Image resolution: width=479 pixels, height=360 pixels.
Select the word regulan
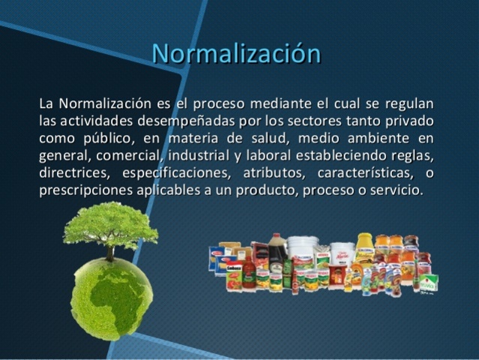pos(409,103)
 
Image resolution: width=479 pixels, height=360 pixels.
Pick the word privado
pos(411,121)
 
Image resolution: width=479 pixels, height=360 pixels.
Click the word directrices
pos(72,173)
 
